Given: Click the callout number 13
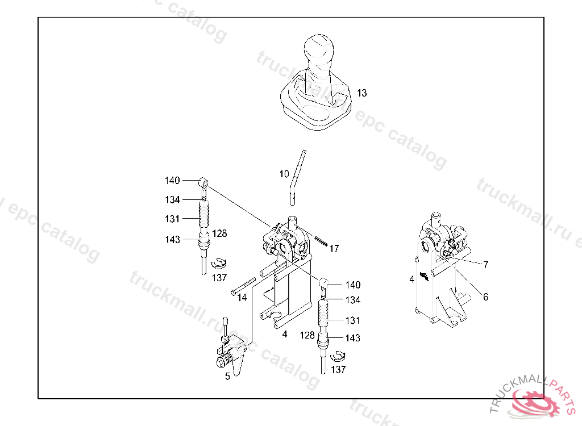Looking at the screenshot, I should (362, 93).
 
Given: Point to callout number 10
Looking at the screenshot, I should (284, 174).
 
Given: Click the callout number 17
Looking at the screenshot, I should (334, 248).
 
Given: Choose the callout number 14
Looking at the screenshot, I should (242, 297).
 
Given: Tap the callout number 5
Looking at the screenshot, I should (227, 375).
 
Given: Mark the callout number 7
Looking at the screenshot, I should (486, 265).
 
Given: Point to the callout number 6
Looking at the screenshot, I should (485, 296).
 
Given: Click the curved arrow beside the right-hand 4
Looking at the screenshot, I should (424, 277).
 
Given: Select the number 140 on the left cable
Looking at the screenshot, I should (172, 181).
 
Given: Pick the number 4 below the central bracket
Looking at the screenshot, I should (285, 334).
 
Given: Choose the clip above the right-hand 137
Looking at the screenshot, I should (338, 356).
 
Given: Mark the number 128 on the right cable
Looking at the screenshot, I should (307, 336).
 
